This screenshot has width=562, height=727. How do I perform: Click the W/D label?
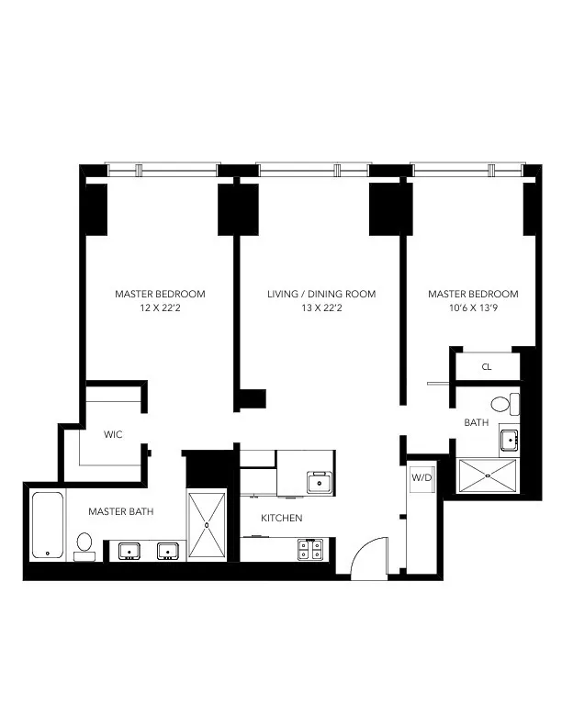pyautogui.click(x=421, y=477)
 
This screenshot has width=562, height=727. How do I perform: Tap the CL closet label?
pyautogui.click(x=487, y=367)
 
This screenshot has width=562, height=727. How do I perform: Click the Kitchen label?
pyautogui.click(x=281, y=519)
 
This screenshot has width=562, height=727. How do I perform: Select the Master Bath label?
pyautogui.click(x=126, y=510)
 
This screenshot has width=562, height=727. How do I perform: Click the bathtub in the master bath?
pyautogui.click(x=47, y=525)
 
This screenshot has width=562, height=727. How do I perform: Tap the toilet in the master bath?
pyautogui.click(x=84, y=543)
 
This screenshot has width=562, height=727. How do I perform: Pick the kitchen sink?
pyautogui.click(x=320, y=482)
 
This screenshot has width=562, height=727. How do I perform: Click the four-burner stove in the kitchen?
pyautogui.click(x=309, y=549)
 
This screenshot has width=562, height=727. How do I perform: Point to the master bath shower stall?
pyautogui.click(x=207, y=525)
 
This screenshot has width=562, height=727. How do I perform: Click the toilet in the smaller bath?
pyautogui.click(x=503, y=404)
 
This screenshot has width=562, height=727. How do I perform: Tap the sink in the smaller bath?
pyautogui.click(x=509, y=441)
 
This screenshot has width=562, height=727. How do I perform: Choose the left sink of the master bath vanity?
pyautogui.click(x=127, y=550)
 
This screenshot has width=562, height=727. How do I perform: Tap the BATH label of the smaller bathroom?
pyautogui.click(x=476, y=423)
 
